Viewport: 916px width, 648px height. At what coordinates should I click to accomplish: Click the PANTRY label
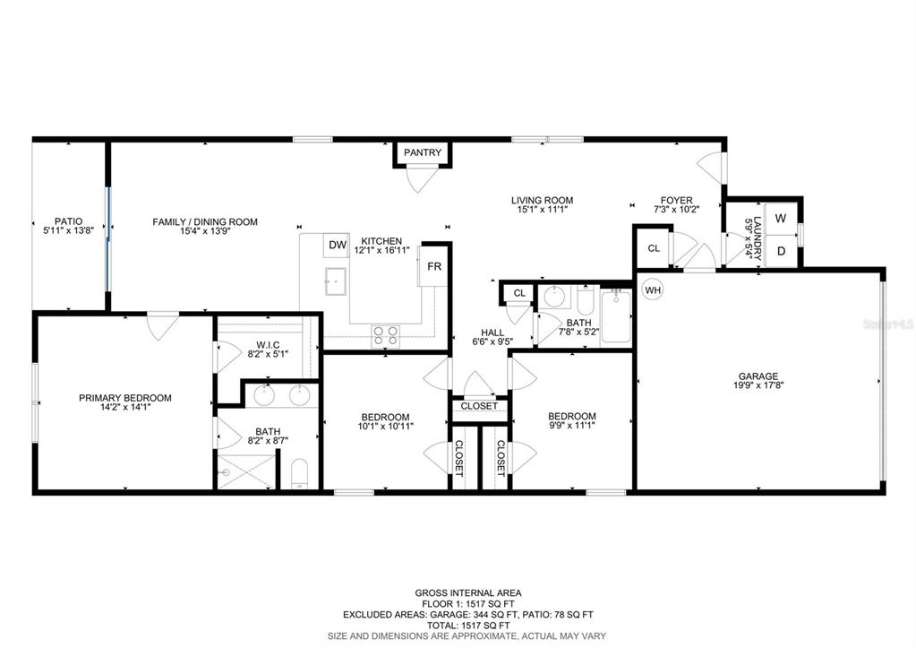pyautogui.click(x=423, y=152)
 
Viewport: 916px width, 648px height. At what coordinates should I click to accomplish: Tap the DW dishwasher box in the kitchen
pyautogui.click(x=337, y=245)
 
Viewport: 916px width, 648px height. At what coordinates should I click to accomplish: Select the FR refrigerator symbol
pyautogui.click(x=433, y=267)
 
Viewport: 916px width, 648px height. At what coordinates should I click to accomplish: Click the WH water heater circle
pyautogui.click(x=653, y=289)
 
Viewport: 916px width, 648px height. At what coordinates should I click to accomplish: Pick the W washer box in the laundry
pyautogui.click(x=781, y=218)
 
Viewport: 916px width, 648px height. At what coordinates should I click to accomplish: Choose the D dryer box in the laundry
pyautogui.click(x=781, y=250)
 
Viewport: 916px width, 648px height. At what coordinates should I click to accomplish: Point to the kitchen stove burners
pyautogui.click(x=386, y=336)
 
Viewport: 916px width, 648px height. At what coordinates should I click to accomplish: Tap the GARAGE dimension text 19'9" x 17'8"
pyautogui.click(x=758, y=385)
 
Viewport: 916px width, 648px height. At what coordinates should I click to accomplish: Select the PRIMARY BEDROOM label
pyautogui.click(x=125, y=398)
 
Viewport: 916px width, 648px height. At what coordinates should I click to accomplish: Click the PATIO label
pyautogui.click(x=68, y=221)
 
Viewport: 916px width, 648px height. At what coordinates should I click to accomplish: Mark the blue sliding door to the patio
pyautogui.click(x=107, y=238)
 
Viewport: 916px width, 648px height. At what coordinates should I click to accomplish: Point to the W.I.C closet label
pyautogui.click(x=268, y=345)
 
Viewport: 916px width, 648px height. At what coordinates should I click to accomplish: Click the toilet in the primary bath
pyautogui.click(x=299, y=474)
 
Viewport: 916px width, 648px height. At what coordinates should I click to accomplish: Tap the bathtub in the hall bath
pyautogui.click(x=616, y=316)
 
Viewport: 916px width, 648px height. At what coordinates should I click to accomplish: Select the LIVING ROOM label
pyautogui.click(x=542, y=200)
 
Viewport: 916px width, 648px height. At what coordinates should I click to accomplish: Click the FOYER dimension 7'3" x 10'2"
pyautogui.click(x=677, y=209)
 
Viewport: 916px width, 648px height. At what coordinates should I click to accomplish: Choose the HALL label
pyautogui.click(x=492, y=333)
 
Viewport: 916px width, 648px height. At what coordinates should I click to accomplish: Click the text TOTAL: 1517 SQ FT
pyautogui.click(x=468, y=626)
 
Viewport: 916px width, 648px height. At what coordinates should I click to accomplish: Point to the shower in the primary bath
pyautogui.click(x=245, y=471)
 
